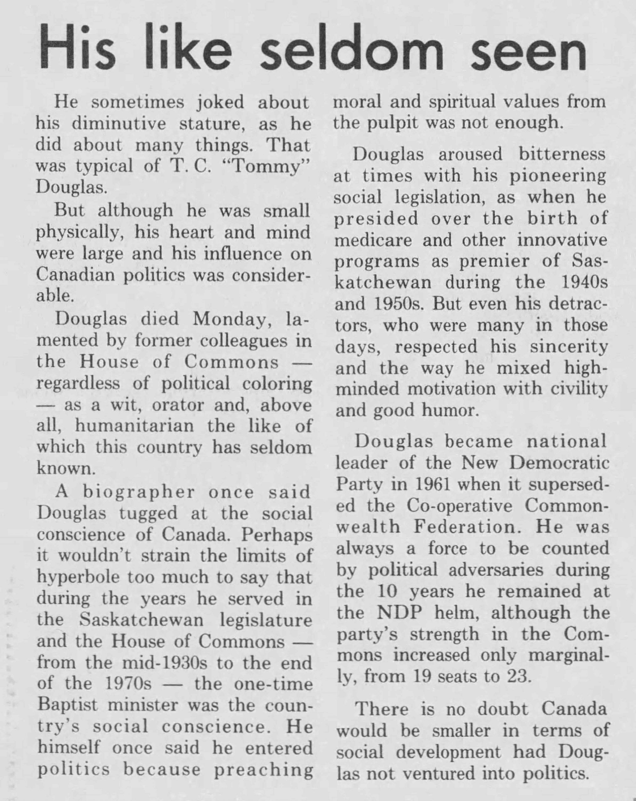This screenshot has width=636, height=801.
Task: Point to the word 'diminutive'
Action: (x=119, y=124)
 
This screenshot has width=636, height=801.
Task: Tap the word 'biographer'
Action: (x=139, y=492)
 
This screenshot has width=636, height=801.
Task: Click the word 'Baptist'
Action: (x=68, y=705)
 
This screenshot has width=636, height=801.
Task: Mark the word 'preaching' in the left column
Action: (x=263, y=769)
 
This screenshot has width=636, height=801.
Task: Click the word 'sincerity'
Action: (x=569, y=347)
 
